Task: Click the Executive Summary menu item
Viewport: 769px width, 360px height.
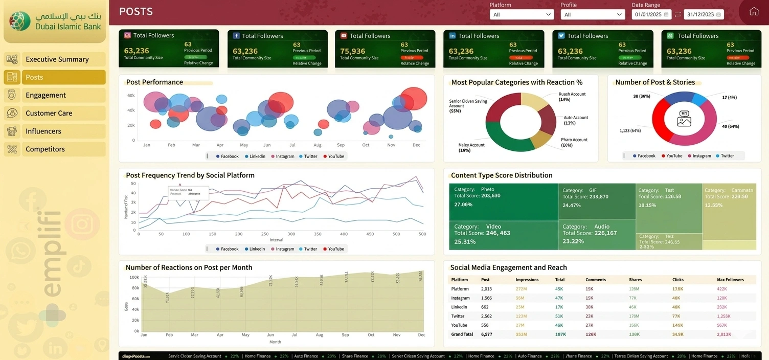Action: (57, 59)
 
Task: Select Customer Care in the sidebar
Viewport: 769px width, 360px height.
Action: (49, 113)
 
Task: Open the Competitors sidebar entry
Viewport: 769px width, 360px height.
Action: (45, 149)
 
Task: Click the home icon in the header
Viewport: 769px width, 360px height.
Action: (754, 12)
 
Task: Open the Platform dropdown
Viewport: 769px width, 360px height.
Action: (522, 15)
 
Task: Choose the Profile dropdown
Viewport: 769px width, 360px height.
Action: (592, 15)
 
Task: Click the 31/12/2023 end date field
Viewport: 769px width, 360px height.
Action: (704, 15)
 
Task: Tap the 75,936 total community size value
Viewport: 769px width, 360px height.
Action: (353, 51)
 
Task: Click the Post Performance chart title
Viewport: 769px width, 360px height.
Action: (154, 82)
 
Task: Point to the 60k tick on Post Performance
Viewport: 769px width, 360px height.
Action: (131, 96)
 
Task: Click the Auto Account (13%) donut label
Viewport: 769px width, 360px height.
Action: (576, 120)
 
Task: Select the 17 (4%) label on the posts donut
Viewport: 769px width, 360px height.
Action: (729, 97)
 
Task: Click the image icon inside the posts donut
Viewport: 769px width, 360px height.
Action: (684, 119)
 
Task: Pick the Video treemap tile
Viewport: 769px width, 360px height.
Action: (503, 235)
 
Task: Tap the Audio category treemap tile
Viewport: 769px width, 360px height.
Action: (596, 235)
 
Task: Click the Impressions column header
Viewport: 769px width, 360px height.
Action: (527, 280)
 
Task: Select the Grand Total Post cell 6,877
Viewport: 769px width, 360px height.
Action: (486, 334)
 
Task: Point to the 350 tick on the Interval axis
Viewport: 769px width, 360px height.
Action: (318, 234)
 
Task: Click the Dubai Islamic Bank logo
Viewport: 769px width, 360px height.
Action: (55, 21)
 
